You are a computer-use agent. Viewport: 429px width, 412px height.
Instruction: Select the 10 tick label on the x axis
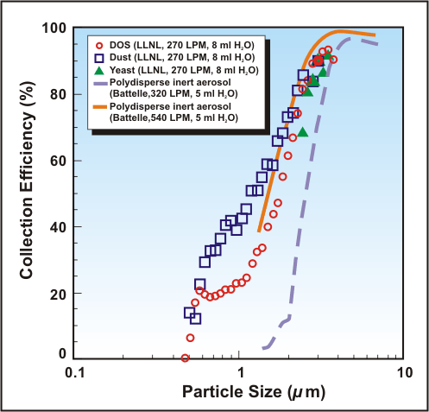402,373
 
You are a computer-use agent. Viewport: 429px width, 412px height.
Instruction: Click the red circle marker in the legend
103,44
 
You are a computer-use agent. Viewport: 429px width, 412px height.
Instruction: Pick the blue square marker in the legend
103,57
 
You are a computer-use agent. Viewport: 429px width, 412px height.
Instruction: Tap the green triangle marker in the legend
103,69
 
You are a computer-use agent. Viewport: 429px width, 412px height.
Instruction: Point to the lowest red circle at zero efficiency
185,358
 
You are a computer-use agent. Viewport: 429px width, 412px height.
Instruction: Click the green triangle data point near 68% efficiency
302,131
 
